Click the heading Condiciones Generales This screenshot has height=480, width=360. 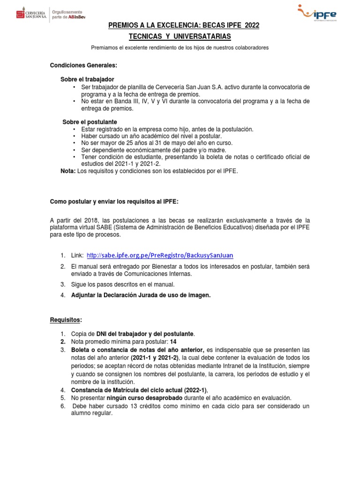(83, 66)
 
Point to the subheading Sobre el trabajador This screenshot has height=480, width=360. (87, 80)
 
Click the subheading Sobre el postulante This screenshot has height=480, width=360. (90, 122)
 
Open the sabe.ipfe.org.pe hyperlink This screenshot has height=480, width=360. (160, 255)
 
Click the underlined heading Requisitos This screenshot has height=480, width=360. (66, 320)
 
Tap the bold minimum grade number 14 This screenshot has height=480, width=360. (173, 342)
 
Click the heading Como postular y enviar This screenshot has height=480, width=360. (114, 202)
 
